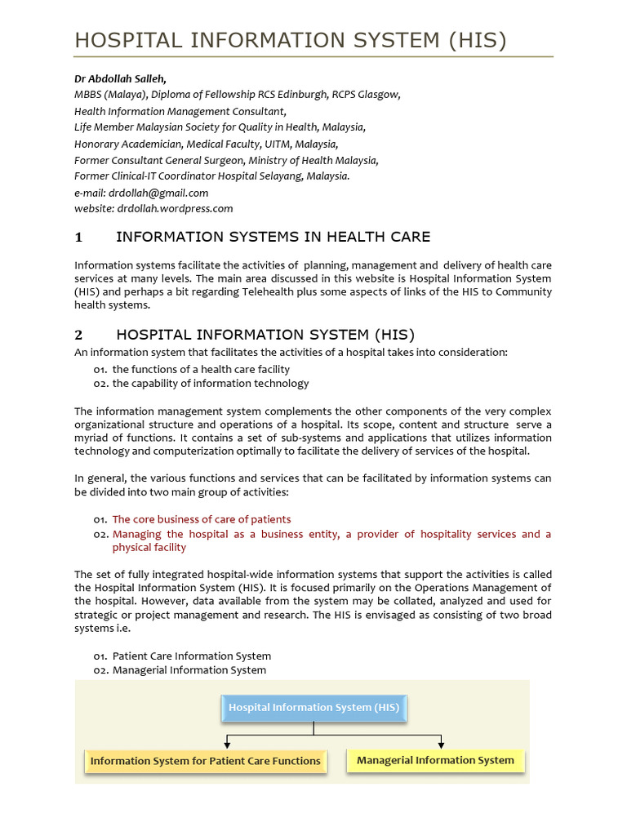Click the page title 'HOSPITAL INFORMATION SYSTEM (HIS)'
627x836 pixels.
tap(291, 40)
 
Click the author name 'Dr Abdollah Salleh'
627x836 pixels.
tap(119, 78)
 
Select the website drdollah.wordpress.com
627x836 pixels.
tap(175, 208)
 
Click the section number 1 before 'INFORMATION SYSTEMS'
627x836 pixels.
tap(78, 238)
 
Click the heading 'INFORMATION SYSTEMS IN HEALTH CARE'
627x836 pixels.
tap(273, 238)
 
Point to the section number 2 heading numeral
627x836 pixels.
tap(78, 335)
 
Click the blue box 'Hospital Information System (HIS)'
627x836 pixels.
tap(313, 708)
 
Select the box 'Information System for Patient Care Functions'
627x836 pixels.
tap(205, 761)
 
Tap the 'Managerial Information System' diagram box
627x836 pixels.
tap(435, 760)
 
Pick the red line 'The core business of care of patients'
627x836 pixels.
tap(201, 519)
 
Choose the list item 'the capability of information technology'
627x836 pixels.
tap(211, 383)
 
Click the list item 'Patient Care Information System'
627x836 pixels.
tap(192, 656)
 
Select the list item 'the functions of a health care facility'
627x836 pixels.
tap(201, 369)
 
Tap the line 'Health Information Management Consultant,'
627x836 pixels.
tap(180, 111)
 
